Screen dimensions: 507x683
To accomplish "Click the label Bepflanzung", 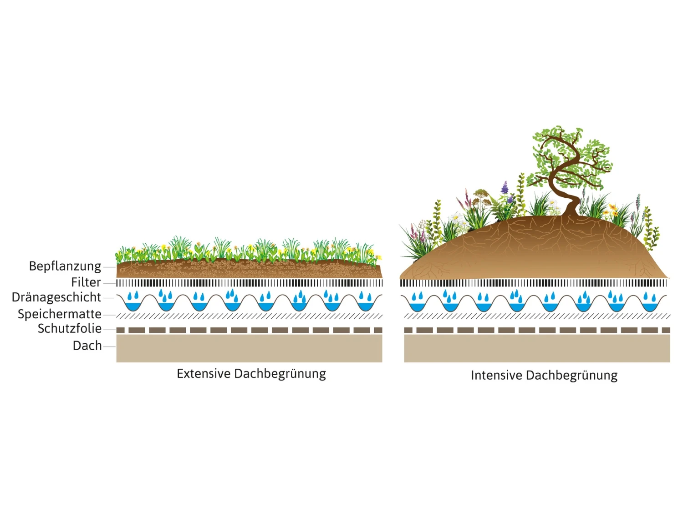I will (x=65, y=266).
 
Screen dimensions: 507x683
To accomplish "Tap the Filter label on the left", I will (x=86, y=282).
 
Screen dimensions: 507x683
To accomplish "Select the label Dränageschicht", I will (x=56, y=297).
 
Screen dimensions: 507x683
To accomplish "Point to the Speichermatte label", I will (x=59, y=314).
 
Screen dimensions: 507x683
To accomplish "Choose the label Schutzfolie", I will (x=69, y=329).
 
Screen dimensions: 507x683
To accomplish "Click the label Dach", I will (x=87, y=346).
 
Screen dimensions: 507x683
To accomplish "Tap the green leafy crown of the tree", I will (x=569, y=155).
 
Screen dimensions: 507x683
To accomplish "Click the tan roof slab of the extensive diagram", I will (x=249, y=349).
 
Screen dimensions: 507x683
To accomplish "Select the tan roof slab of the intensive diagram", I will (x=537, y=349).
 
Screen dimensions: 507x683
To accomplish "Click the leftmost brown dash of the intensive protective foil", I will (x=408, y=330).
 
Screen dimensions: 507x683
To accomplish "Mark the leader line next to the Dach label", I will (x=109, y=346).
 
